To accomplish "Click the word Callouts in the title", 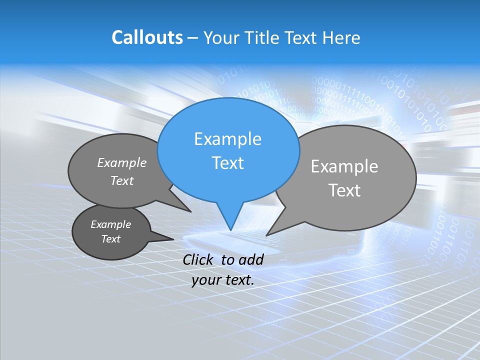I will pyautogui.click(x=147, y=37).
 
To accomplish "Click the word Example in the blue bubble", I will pyautogui.click(x=227, y=139).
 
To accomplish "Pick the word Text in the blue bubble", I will pyautogui.click(x=227, y=163).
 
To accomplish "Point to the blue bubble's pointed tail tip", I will pyautogui.click(x=230, y=229).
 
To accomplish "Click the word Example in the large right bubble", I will pyautogui.click(x=344, y=166).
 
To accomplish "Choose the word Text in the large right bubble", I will pyautogui.click(x=344, y=190).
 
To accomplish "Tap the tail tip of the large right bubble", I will pyautogui.click(x=267, y=234).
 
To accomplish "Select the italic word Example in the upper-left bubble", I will pyautogui.click(x=122, y=163).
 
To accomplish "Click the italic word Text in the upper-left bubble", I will pyautogui.click(x=122, y=181).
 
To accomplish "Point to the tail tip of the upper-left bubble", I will pyautogui.click(x=190, y=211).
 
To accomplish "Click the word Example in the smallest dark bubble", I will pyautogui.click(x=110, y=224).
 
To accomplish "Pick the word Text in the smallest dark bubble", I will pyautogui.click(x=110, y=239).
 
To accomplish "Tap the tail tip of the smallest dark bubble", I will pyautogui.click(x=173, y=239).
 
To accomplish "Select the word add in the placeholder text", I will pyautogui.click(x=251, y=259).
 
